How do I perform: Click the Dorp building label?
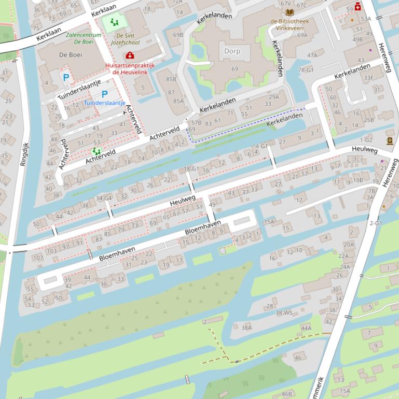[232, 51]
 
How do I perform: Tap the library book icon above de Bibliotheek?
[290, 12]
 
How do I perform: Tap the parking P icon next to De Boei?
[66, 78]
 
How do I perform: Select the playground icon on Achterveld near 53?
[96, 151]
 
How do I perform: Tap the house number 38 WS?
[284, 313]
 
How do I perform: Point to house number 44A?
[306, 328]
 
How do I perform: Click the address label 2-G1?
[376, 223]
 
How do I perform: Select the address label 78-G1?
[306, 70]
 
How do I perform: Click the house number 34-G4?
[104, 198]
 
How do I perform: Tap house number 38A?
[246, 327]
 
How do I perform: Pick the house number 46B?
[286, 394]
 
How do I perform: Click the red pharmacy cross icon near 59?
[357, 8]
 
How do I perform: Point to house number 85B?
[171, 79]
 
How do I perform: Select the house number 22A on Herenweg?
[343, 256]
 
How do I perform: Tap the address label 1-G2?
[366, 140]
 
